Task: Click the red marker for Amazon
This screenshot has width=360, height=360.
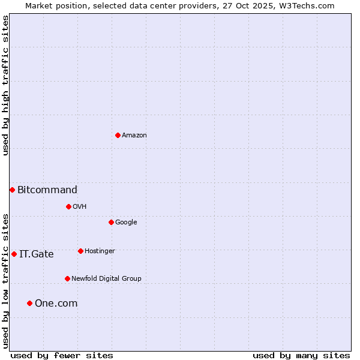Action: (x=118, y=135)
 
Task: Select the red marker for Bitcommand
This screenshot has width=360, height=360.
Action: (x=12, y=190)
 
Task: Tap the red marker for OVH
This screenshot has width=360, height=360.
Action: (x=68, y=206)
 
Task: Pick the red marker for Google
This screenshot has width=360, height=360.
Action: (x=111, y=222)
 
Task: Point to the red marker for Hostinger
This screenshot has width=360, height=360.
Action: (x=80, y=251)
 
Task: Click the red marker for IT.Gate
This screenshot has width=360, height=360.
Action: (x=14, y=254)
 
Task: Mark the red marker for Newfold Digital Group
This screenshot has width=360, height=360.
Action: (x=67, y=278)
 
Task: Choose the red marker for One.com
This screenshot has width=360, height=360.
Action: (x=29, y=303)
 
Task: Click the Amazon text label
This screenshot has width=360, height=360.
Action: (x=134, y=136)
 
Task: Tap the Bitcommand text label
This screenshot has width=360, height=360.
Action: (x=47, y=190)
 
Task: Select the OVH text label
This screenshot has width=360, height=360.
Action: (x=80, y=207)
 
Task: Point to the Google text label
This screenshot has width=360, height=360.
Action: (x=126, y=223)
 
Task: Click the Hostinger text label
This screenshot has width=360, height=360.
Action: (x=100, y=251)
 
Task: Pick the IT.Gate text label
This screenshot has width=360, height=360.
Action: (x=37, y=254)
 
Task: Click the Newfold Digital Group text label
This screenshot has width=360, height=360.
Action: (x=106, y=279)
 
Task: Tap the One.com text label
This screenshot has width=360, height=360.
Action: (x=56, y=304)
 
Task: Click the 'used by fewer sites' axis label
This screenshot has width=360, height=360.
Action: (x=62, y=355)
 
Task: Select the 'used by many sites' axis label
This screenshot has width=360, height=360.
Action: (x=301, y=355)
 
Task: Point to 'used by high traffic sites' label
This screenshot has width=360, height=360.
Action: (x=5, y=86)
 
